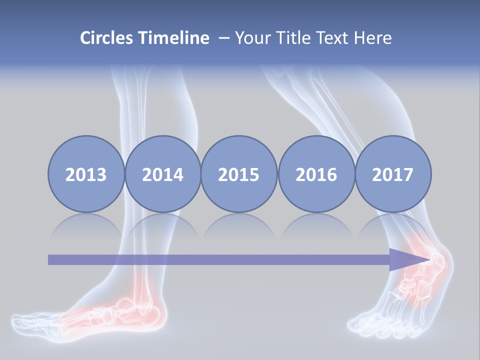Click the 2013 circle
[86, 174]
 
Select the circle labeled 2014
[163, 174]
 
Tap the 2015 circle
[239, 174]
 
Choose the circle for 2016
[316, 174]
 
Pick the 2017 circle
[392, 174]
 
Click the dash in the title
[223, 38]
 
